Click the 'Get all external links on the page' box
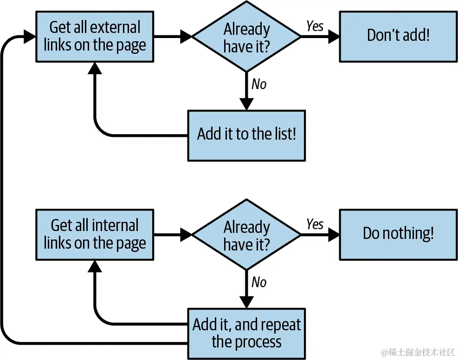pos(95,36)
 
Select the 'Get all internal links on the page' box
pos(95,234)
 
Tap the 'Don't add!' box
pos(398,36)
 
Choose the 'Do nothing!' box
pos(398,234)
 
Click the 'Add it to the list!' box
pos(246,135)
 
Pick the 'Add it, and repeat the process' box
pos(246,333)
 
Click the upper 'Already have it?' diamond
pos(246,37)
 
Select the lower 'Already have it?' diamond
pos(246,235)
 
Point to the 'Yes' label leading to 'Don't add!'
pos(315,26)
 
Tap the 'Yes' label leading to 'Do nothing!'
pos(315,225)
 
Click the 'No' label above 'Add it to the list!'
pos(259,84)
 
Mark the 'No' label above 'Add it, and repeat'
pos(259,282)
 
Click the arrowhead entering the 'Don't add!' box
pos(334,37)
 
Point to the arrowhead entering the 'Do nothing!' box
pos(334,235)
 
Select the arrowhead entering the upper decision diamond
pos(186,37)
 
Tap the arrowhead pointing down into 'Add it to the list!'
pos(246,104)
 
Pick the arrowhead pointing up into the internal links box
pos(95,265)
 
